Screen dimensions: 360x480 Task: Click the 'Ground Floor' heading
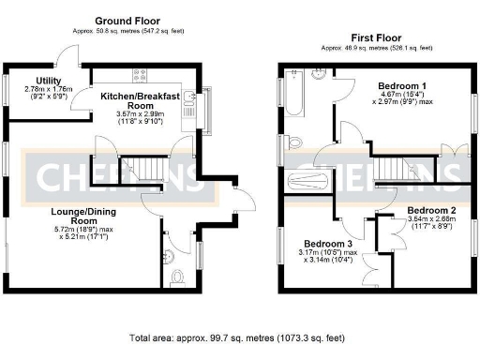[127, 20]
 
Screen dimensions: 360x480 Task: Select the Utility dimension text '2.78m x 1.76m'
[50, 89]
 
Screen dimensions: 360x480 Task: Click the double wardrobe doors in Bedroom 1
[456, 152]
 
